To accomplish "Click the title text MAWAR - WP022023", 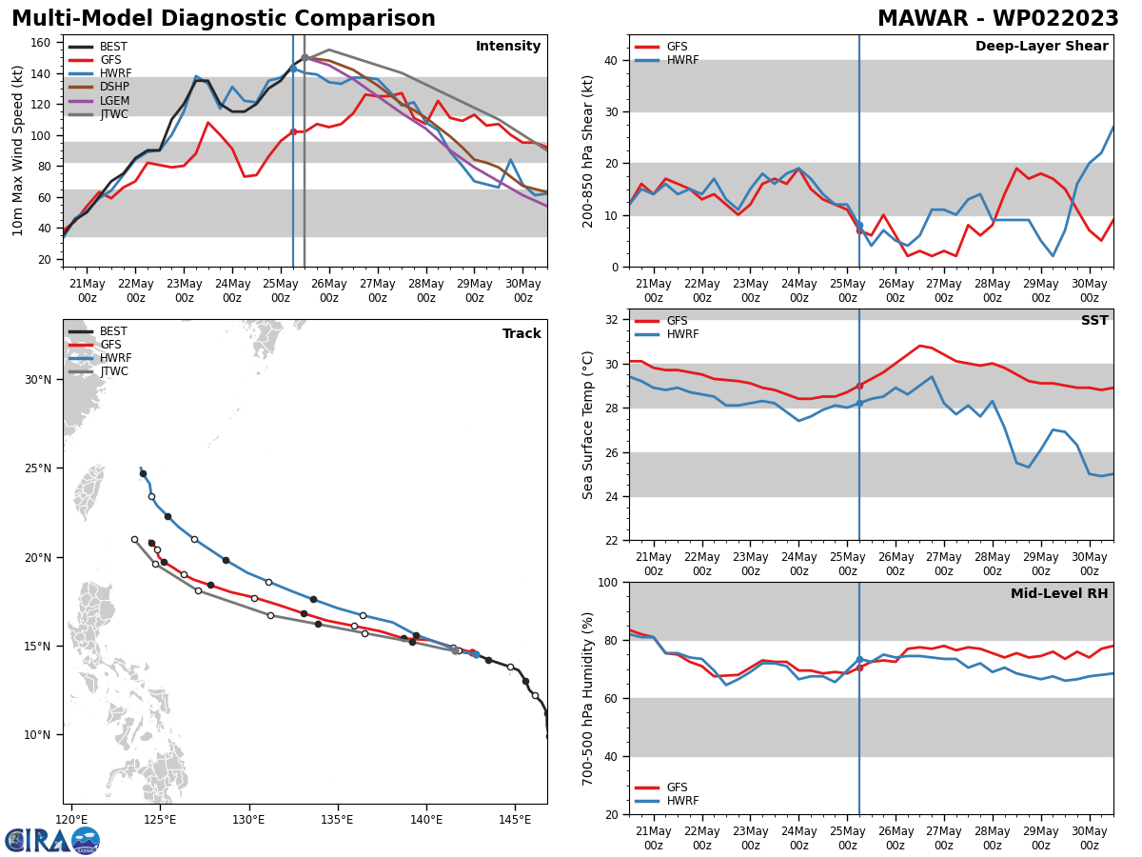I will click(x=997, y=19).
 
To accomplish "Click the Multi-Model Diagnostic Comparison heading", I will click(x=223, y=19).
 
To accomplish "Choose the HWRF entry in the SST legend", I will click(x=682, y=334).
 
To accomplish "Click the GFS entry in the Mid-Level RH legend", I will click(x=677, y=787).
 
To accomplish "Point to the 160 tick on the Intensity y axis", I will click(x=45, y=43).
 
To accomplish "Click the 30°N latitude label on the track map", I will click(x=39, y=380).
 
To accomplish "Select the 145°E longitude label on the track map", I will click(x=515, y=820).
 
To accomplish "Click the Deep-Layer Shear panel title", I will click(x=1041, y=47).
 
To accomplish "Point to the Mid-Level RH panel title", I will click(x=1058, y=594).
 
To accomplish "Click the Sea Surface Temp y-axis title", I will click(x=589, y=425).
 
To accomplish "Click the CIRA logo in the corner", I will click(x=52, y=841).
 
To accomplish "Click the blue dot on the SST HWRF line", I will click(x=859, y=403).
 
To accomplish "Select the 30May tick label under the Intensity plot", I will click(x=522, y=290).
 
